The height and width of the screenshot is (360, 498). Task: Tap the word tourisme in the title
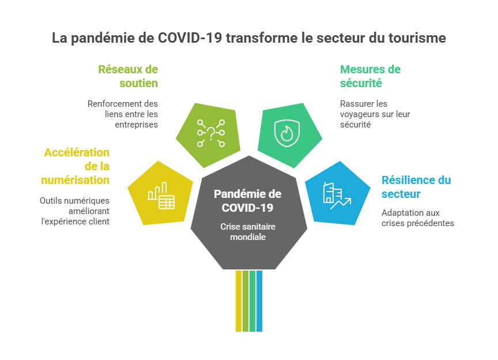416,38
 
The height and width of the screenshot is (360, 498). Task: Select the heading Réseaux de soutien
128,76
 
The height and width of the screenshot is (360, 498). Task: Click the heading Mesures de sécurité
370,76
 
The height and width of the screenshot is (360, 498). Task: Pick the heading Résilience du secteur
416,187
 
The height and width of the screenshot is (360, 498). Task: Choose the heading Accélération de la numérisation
76,166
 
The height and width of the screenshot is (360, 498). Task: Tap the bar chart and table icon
161,196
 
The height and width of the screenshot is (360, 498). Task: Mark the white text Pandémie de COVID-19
247,200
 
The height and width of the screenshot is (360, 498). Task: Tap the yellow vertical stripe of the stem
238,301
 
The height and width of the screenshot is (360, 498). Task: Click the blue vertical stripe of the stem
259,301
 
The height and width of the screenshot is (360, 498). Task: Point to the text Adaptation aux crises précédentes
417,218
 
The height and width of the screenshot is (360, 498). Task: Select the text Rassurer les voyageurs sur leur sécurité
375,114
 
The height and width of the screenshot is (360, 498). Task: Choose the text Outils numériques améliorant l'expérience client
74,211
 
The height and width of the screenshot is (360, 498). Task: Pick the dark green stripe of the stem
252,301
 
